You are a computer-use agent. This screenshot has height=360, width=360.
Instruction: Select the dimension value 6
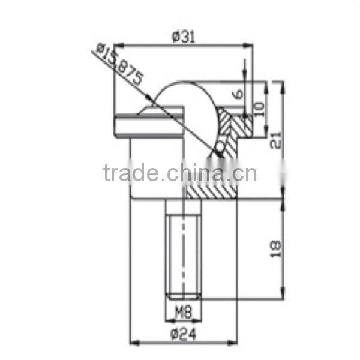click(x=238, y=94)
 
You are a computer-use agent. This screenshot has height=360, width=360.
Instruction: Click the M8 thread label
click(x=183, y=312)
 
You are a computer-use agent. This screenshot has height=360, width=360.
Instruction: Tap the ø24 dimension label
click(x=183, y=334)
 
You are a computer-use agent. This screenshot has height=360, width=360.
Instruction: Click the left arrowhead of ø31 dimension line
click(x=118, y=44)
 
